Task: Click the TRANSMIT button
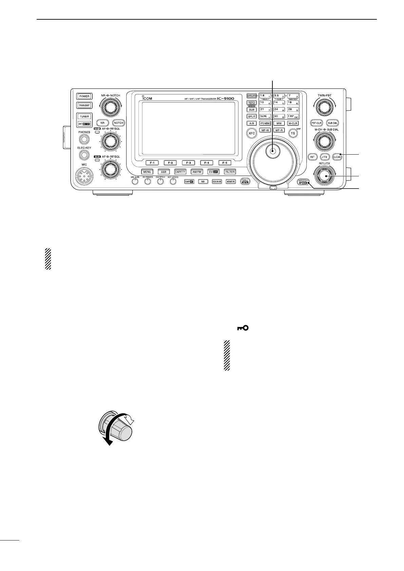click(x=84, y=105)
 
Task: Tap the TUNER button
click(x=84, y=116)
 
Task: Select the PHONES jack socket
click(x=84, y=139)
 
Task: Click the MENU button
click(x=147, y=172)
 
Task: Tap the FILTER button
click(x=230, y=172)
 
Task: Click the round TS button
click(x=293, y=134)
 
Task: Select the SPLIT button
click(x=252, y=116)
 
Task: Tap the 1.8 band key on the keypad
click(x=265, y=96)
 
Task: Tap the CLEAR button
click(x=336, y=157)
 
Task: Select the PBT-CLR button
click(x=316, y=123)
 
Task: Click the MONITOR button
click(x=231, y=181)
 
